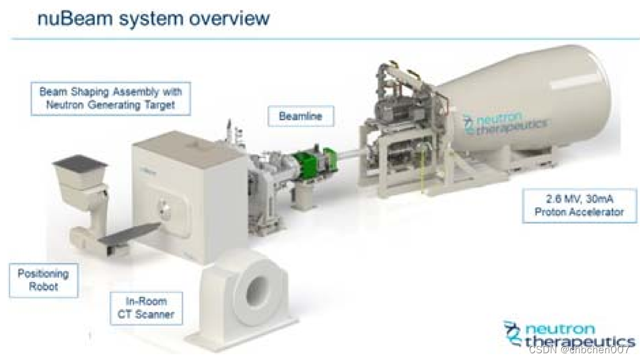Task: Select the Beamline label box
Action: click(300, 116)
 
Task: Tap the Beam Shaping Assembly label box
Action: click(110, 98)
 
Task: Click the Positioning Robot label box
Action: click(43, 280)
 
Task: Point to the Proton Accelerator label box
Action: click(579, 205)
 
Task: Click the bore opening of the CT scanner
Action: click(256, 291)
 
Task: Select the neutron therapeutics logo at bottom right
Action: click(569, 334)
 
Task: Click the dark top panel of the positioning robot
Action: click(79, 162)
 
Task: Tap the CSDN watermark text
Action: click(579, 349)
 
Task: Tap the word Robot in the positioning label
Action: click(43, 287)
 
